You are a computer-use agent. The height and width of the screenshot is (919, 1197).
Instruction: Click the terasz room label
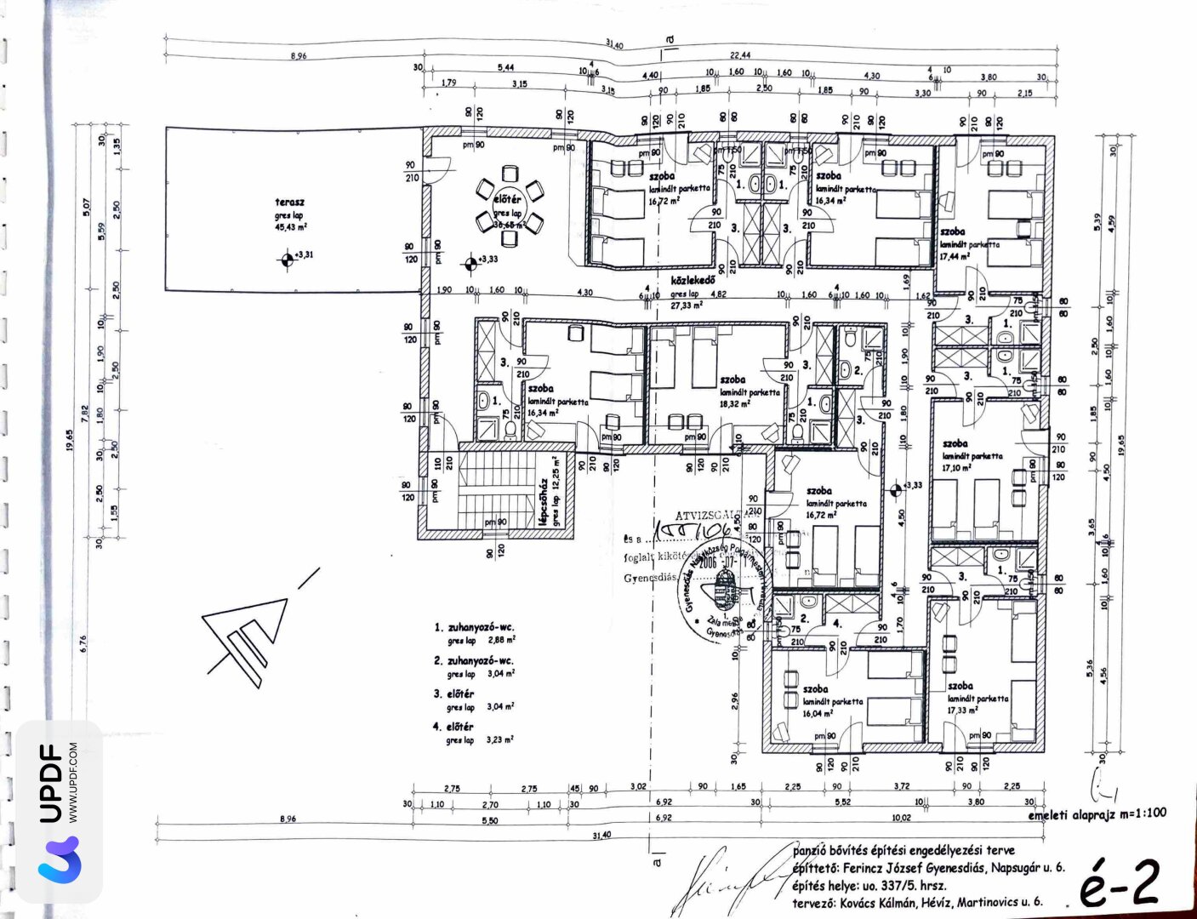289,203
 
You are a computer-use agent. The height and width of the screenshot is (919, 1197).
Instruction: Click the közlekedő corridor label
693,280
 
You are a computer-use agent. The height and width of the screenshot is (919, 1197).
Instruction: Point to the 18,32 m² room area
734,404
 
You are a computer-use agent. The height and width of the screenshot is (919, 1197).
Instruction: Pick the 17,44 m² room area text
954,256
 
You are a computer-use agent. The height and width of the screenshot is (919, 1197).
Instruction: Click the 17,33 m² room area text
962,710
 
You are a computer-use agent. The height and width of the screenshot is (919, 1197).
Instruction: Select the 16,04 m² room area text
818,714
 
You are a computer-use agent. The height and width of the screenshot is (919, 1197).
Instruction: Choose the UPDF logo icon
59,859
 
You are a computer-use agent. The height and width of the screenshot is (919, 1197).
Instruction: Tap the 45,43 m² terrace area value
291,227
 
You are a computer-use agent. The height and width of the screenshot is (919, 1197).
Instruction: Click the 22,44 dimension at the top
739,54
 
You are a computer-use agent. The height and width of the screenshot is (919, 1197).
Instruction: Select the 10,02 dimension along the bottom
901,818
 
